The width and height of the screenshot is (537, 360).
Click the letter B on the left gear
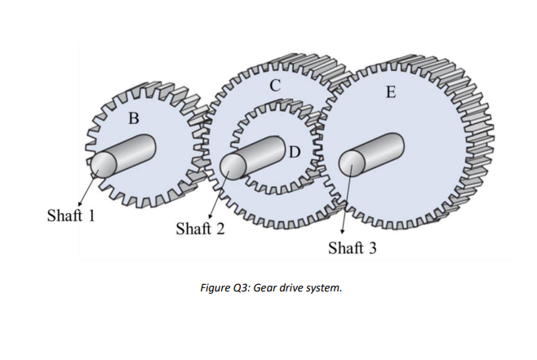[x=135, y=118]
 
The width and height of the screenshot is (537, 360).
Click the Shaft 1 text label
[x=71, y=216]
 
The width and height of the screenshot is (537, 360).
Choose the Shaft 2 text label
[x=200, y=228]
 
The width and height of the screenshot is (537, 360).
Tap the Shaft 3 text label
[x=352, y=247]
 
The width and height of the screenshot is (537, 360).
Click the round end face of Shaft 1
[x=103, y=165]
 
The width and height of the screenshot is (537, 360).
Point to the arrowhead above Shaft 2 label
[x=209, y=215]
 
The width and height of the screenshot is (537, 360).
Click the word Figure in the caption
[x=216, y=288]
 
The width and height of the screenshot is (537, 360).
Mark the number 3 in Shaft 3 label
[x=373, y=247]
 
